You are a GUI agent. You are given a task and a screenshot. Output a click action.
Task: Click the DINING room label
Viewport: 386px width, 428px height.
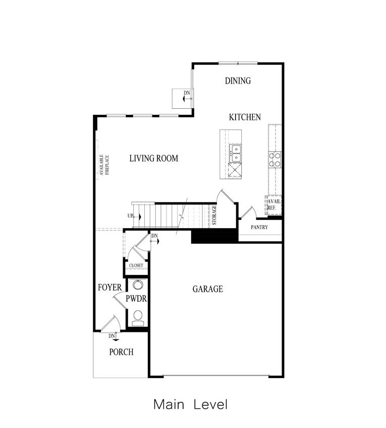[x=238, y=81]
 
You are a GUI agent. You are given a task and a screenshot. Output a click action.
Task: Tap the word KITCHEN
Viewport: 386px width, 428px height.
[x=245, y=117]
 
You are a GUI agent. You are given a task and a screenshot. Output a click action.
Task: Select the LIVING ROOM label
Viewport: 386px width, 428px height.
[x=154, y=158]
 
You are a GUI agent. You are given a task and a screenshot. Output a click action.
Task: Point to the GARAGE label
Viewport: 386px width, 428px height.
[x=208, y=289]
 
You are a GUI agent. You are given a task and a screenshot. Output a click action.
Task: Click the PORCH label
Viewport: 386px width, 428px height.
[x=122, y=352]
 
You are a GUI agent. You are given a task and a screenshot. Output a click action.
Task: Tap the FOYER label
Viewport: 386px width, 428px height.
[x=109, y=288]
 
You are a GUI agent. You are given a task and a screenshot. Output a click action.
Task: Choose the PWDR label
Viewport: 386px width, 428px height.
[x=136, y=299]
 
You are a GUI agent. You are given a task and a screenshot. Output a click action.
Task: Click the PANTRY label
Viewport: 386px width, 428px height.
[x=259, y=227]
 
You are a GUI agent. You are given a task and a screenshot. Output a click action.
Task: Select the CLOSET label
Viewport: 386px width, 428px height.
[x=136, y=265]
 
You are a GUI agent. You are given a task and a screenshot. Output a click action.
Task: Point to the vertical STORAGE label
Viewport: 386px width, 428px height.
[x=214, y=215]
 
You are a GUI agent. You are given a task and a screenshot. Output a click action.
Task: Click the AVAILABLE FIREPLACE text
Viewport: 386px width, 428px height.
[x=104, y=165]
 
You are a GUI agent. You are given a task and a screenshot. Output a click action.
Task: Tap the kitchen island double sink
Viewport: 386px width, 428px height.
[x=236, y=154]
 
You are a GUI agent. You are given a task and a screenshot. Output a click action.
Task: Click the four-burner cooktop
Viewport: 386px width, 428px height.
[x=274, y=160]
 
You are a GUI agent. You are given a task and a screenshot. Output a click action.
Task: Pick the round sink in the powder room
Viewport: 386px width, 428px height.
[x=138, y=284]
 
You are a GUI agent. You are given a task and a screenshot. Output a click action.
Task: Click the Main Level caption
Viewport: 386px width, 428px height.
[x=190, y=404]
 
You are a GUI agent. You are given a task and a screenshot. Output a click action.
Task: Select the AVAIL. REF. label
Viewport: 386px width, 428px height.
[x=274, y=205]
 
